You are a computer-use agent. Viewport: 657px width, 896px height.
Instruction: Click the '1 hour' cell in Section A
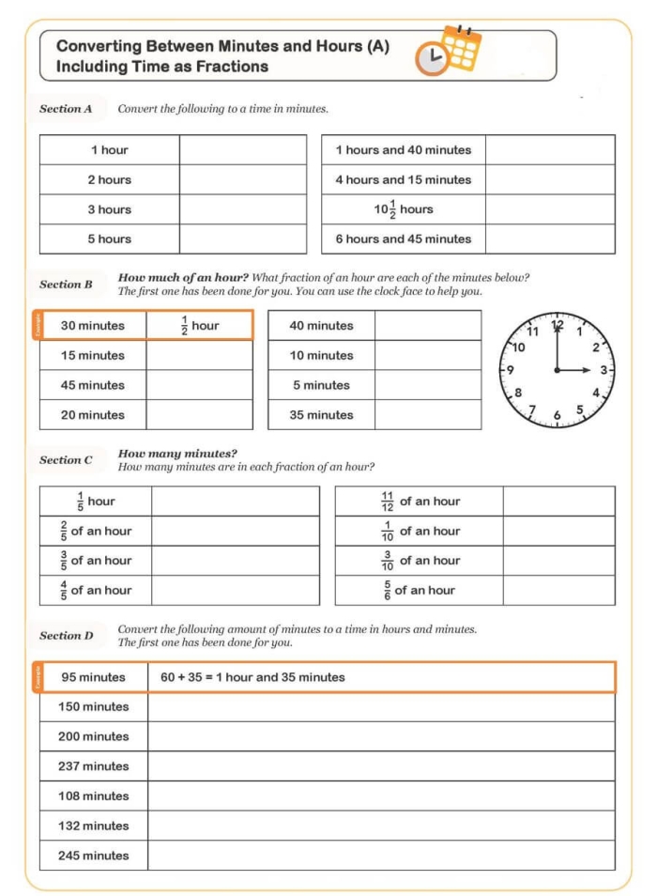[x=110, y=150]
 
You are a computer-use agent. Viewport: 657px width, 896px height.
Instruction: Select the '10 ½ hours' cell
[x=404, y=209]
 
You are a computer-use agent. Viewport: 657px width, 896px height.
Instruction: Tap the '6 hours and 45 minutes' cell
[x=404, y=239]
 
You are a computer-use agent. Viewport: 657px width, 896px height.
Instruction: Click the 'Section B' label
[x=66, y=285]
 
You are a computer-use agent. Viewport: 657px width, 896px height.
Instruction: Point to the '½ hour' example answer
[x=199, y=326]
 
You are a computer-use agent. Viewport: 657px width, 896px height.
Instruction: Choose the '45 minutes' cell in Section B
[x=93, y=385]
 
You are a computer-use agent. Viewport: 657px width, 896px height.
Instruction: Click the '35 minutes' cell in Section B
[x=321, y=415]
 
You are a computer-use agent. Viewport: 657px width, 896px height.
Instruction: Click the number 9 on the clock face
[x=510, y=370]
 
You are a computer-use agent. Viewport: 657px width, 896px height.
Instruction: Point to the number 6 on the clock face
[x=558, y=415]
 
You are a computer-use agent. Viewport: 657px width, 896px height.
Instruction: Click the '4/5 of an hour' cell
[x=96, y=591]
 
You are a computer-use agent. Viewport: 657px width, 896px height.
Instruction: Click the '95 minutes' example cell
[x=94, y=677]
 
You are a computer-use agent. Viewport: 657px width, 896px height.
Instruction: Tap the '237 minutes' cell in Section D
[x=94, y=766]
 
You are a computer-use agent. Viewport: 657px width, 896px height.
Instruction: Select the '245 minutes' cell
[x=94, y=856]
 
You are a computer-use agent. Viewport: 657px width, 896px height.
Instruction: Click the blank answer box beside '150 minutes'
[x=381, y=707]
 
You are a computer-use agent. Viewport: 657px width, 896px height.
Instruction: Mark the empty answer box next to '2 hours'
[x=243, y=180]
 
